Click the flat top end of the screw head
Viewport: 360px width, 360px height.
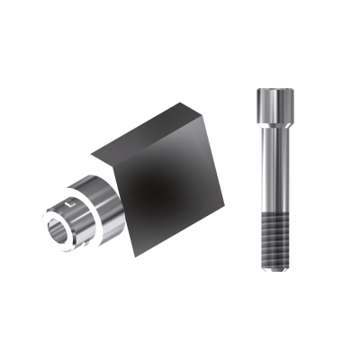[x=274, y=91]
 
